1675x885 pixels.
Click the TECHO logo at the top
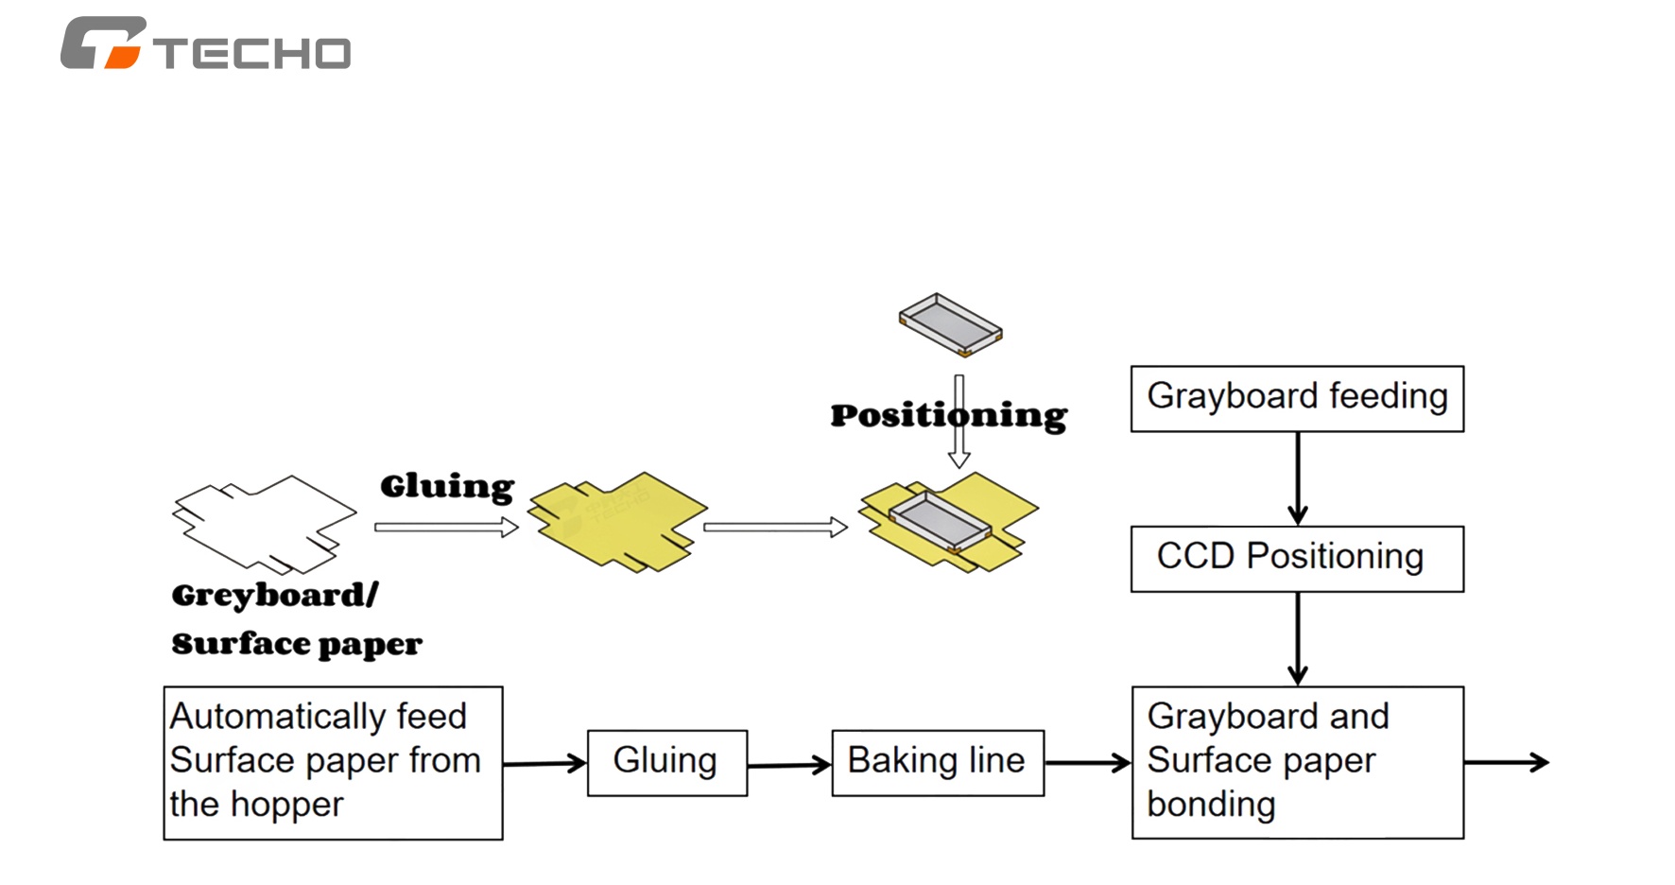click(205, 43)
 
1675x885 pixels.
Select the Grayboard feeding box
click(1297, 399)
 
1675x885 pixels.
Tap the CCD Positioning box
click(1297, 559)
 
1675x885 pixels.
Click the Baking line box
click(938, 763)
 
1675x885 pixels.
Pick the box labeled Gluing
click(667, 763)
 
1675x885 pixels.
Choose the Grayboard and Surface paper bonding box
click(1298, 762)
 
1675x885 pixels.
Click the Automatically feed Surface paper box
click(333, 763)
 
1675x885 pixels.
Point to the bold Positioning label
click(949, 416)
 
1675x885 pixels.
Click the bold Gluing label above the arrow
click(447, 487)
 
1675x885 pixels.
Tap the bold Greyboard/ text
click(275, 596)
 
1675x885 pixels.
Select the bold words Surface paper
click(297, 645)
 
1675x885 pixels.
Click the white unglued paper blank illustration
click(265, 524)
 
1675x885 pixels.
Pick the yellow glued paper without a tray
click(617, 521)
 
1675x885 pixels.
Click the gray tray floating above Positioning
click(951, 324)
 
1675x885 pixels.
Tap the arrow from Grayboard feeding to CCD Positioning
click(1298, 478)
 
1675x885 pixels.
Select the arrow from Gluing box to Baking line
click(789, 764)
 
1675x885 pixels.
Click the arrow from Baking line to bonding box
click(1088, 763)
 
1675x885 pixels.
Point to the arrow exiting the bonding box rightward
click(1507, 762)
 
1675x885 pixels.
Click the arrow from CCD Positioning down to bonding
click(1298, 639)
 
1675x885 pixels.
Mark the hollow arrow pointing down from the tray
click(959, 422)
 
